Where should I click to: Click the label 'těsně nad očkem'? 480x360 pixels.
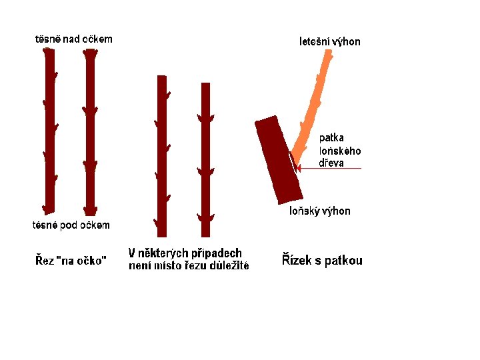tap(73, 39)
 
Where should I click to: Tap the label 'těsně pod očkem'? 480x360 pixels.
tap(71, 225)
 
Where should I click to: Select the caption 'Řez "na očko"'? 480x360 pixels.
tap(70, 260)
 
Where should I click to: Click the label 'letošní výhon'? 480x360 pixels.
tap(329, 42)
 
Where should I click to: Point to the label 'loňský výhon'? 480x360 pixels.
tap(319, 211)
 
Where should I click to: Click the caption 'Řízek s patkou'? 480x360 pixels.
tap(322, 260)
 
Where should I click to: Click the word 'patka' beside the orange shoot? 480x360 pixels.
tap(331, 138)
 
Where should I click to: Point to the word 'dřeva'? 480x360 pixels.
tap(331, 163)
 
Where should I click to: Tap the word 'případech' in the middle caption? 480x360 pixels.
tap(217, 253)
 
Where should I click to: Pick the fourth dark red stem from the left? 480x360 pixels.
tap(205, 160)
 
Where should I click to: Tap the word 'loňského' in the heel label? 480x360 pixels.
tap(340, 151)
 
